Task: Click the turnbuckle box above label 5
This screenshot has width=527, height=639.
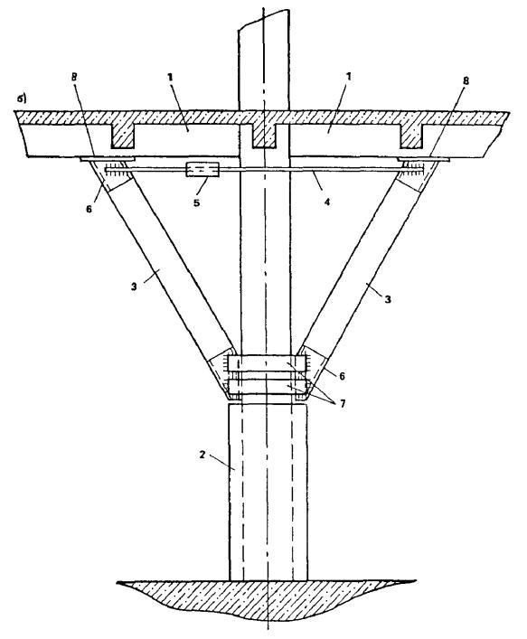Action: [202, 170]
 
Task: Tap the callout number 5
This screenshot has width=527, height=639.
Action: [196, 202]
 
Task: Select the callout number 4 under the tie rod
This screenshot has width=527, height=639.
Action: [327, 201]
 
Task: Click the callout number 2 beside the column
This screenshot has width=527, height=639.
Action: [202, 455]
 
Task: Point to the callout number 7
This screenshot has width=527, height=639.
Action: [343, 404]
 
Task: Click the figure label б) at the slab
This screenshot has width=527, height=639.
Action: [21, 99]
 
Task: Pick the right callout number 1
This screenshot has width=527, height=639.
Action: [348, 77]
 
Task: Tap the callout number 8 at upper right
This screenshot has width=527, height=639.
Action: [466, 81]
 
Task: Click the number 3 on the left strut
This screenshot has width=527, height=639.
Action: [134, 287]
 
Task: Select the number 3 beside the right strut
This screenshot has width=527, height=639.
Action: [388, 299]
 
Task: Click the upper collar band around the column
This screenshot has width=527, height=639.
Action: [267, 363]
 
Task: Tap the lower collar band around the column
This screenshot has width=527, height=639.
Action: [267, 386]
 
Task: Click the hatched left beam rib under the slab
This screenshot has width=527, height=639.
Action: [123, 136]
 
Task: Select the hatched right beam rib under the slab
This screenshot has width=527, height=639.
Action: [411, 136]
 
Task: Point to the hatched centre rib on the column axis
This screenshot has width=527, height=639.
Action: [264, 136]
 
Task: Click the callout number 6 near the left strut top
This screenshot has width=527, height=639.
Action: [89, 208]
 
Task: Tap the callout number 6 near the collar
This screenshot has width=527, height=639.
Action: [342, 376]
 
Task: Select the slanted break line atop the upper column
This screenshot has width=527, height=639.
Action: [264, 19]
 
